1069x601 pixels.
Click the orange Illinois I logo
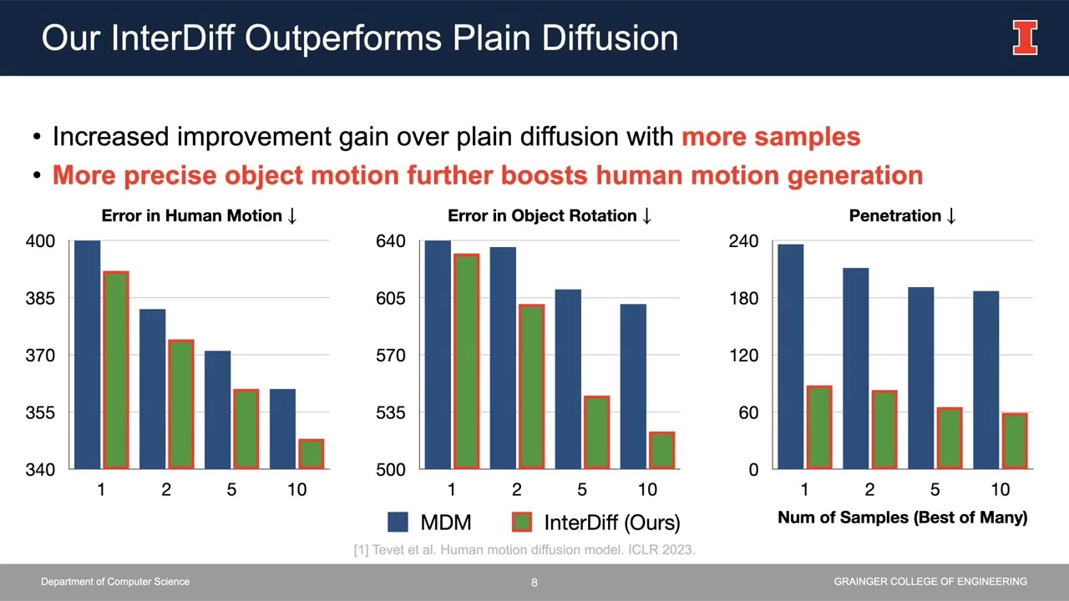coord(1026,38)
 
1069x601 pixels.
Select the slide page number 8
coord(534,583)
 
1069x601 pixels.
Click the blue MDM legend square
coord(398,523)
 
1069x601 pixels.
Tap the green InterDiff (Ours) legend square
coord(521,523)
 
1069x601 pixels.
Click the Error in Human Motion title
coord(199,216)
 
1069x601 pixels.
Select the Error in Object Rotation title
coord(550,216)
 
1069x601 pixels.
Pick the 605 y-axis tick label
coord(391,298)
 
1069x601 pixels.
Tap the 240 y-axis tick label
coord(743,241)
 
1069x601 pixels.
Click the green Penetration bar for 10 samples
coord(1015,441)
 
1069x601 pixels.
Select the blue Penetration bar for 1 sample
coord(791,356)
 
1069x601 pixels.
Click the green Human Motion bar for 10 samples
coord(312,454)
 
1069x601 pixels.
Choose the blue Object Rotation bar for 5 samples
coord(568,379)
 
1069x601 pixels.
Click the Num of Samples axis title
coord(902,518)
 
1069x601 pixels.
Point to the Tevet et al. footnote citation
coord(524,549)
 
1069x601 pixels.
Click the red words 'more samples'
coord(771,137)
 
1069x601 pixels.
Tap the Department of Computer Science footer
coord(115,582)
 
